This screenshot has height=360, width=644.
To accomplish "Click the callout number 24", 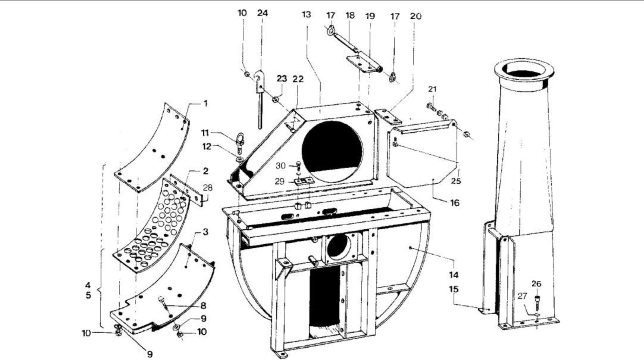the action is click(x=262, y=13).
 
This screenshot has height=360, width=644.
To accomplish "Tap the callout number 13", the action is click(x=306, y=15).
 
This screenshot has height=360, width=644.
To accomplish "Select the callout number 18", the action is click(x=350, y=15).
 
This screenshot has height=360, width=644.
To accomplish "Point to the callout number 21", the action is click(x=432, y=89).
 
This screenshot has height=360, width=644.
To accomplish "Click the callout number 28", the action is click(x=208, y=188).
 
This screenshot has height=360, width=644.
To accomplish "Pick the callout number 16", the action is click(x=455, y=203).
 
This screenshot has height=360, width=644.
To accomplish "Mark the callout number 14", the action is click(x=454, y=275).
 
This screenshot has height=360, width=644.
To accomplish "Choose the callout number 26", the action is click(x=536, y=284).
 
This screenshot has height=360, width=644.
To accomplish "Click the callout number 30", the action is click(x=281, y=166).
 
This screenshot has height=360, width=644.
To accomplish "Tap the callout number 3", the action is click(x=205, y=232).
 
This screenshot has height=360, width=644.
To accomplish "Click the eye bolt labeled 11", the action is click(x=240, y=142).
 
